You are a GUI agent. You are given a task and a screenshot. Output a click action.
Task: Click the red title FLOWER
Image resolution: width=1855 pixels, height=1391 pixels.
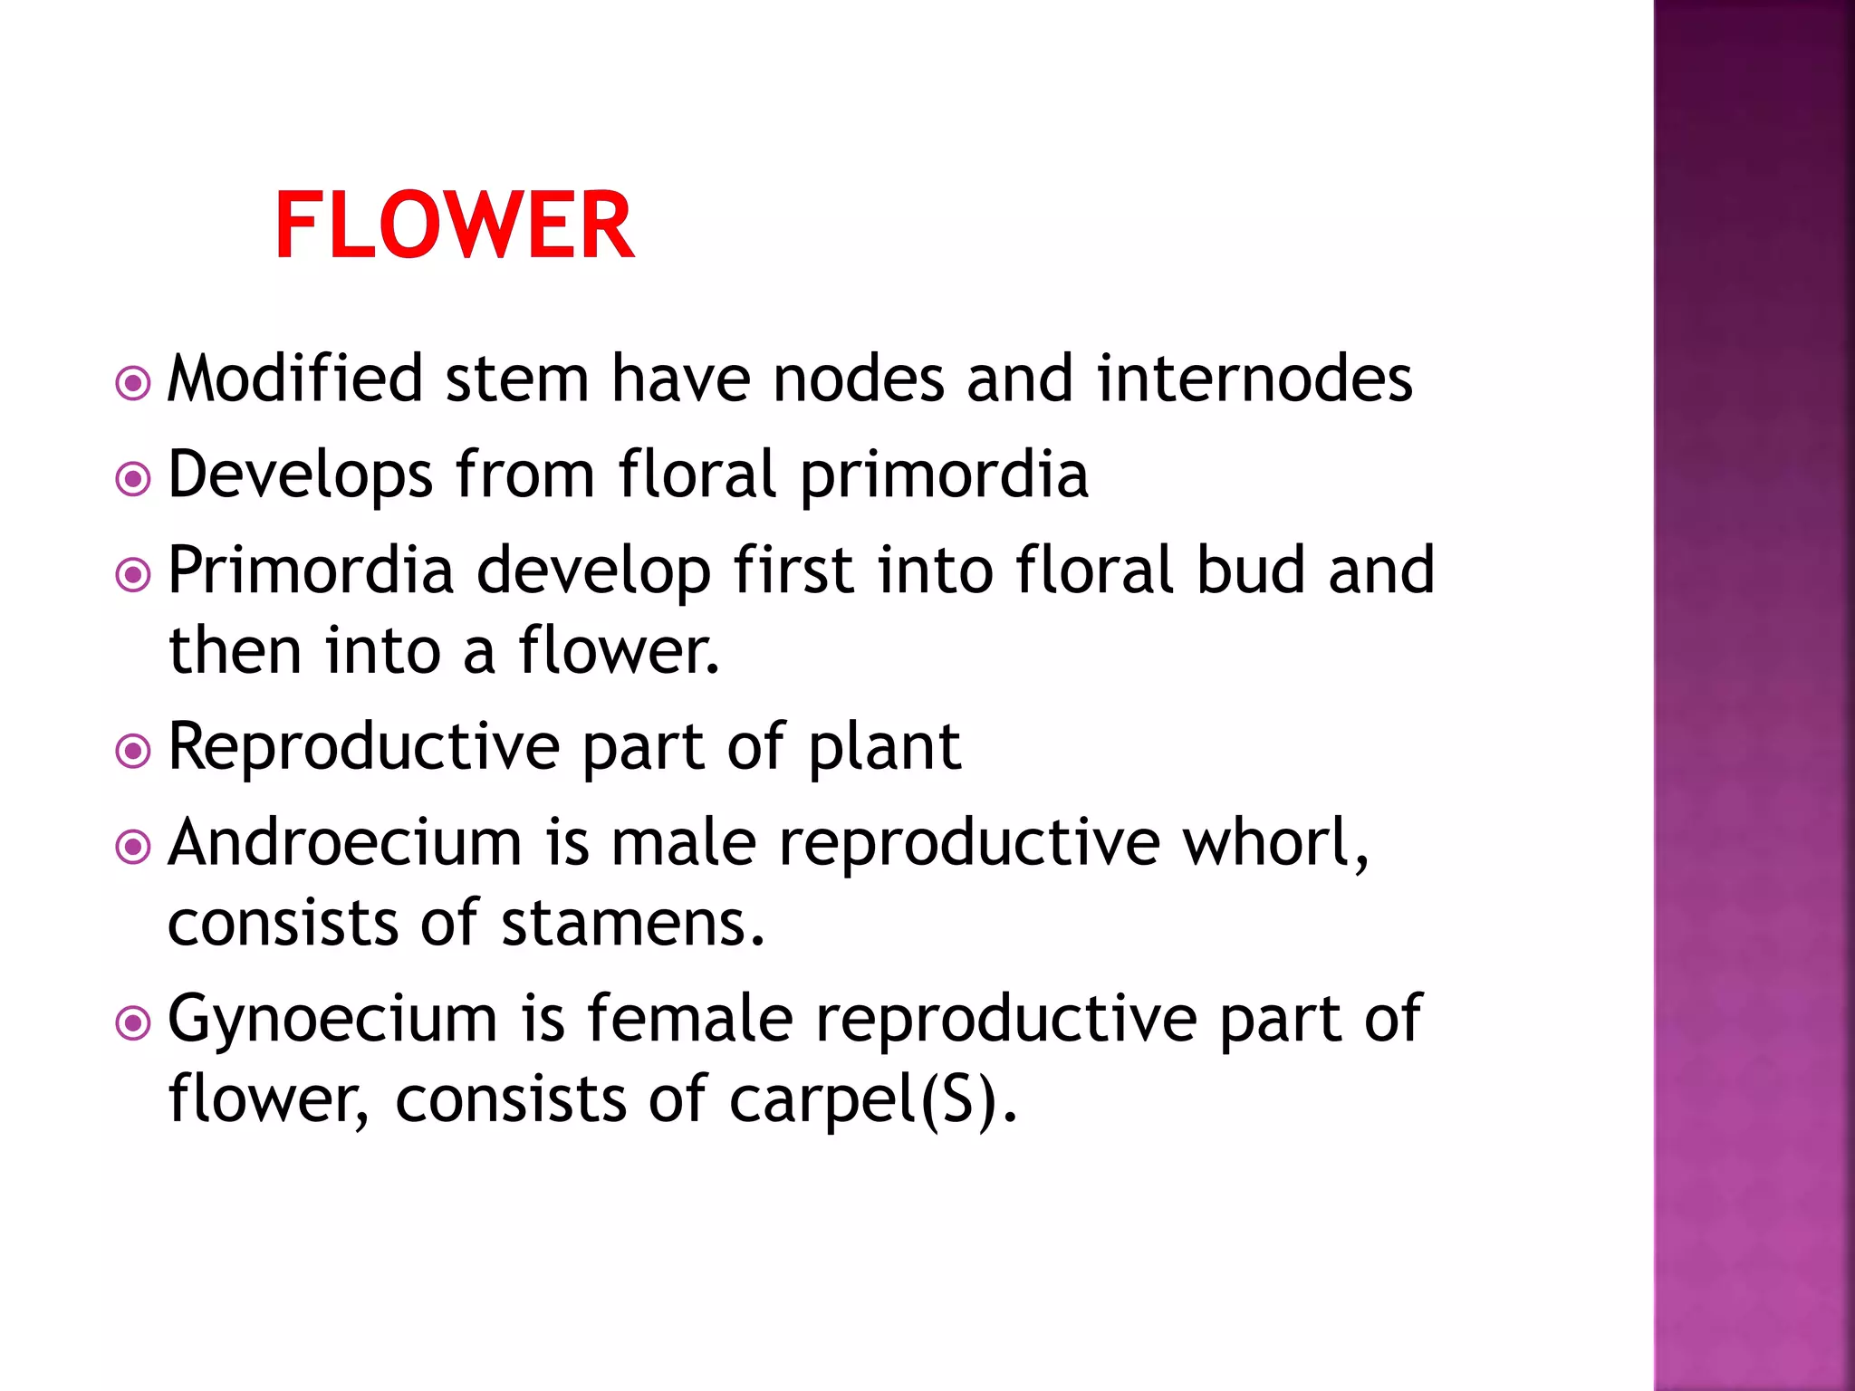pos(454,225)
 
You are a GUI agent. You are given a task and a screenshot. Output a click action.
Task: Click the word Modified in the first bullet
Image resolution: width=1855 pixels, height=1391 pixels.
pos(295,379)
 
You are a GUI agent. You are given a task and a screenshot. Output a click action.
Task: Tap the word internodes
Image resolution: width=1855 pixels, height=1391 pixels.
pos(1254,379)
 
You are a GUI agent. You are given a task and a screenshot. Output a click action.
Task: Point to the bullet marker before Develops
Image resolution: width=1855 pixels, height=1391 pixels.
pos(133,479)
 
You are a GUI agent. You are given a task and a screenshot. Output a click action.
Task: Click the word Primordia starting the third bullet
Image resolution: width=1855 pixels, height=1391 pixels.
pos(311,571)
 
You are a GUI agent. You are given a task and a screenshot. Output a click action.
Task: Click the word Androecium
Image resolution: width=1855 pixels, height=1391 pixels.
pos(345,843)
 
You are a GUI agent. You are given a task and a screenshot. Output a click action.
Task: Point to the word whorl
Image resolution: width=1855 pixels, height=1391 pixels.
pos(1275,843)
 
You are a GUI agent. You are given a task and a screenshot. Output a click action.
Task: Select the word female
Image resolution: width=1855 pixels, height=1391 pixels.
pos(690,1019)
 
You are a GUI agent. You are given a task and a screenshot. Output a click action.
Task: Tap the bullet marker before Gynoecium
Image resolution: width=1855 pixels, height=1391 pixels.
pos(133,1024)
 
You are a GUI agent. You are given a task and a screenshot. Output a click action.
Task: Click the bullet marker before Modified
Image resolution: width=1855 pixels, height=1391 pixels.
pos(133,383)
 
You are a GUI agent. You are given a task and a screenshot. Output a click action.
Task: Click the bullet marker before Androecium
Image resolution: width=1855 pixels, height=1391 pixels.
pos(133,848)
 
